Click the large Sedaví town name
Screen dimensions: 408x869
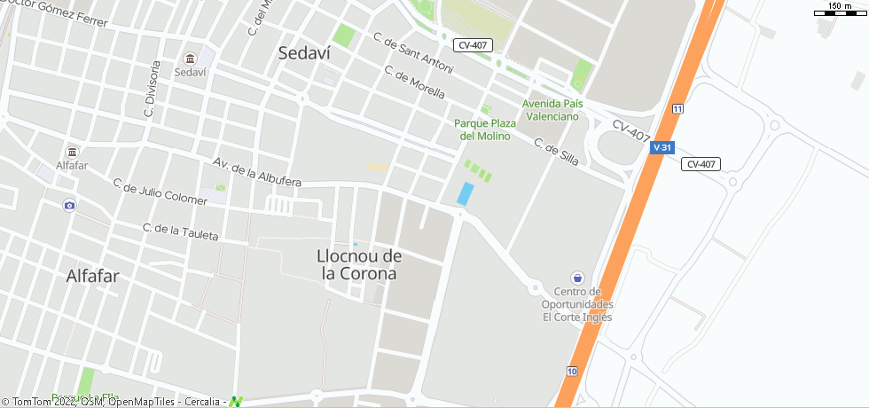[304, 53]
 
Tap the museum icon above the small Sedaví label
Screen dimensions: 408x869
[190, 59]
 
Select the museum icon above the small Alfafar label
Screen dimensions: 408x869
[72, 152]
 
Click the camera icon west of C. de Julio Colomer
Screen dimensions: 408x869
[69, 206]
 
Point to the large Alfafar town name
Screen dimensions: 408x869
[92, 277]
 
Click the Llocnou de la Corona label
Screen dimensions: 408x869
[359, 265]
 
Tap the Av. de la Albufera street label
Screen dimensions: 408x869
[257, 172]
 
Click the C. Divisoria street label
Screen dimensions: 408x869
[152, 90]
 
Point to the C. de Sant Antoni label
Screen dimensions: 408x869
[413, 54]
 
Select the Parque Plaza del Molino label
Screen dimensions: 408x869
[485, 129]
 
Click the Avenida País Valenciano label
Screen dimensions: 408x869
[553, 110]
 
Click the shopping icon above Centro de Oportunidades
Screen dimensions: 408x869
[577, 278]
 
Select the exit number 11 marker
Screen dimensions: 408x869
[677, 108]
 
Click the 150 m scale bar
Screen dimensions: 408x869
[840, 11]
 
